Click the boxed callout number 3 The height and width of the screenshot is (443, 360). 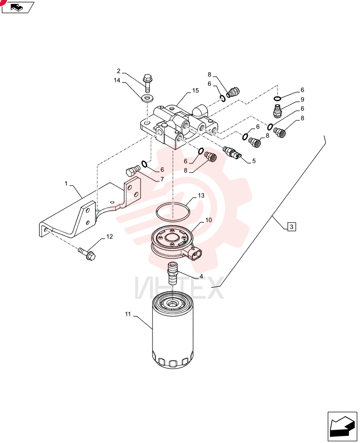tap(292, 226)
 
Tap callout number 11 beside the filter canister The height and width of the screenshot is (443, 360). tap(128, 314)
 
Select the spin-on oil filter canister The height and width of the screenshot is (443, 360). tap(173, 330)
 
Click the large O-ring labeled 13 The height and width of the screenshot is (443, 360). tap(172, 212)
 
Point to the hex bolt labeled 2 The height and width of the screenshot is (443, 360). tap(147, 83)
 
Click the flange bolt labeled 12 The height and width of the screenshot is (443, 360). tap(87, 253)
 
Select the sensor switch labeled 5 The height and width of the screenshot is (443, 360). tap(232, 152)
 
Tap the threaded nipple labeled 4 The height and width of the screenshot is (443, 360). tap(172, 273)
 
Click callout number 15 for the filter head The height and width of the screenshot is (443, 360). tap(196, 91)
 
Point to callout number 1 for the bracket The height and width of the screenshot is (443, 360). tap(66, 184)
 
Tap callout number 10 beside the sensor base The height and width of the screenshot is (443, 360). tap(208, 220)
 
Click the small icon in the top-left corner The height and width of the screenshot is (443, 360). tap(18, 7)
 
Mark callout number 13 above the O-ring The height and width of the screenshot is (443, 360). tap(201, 195)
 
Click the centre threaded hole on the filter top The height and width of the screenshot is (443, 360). tap(172, 304)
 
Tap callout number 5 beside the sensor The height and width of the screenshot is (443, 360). tap(254, 161)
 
